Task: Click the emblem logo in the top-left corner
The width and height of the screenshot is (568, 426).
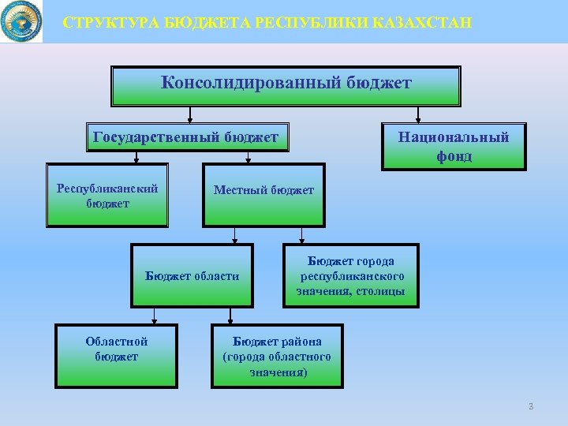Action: pyautogui.click(x=21, y=21)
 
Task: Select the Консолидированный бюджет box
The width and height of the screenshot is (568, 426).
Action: pyautogui.click(x=286, y=86)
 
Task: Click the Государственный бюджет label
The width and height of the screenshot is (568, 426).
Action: pyautogui.click(x=185, y=138)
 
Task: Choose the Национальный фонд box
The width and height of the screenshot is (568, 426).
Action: pyautogui.click(x=454, y=147)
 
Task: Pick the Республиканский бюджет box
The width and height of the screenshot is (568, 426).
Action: pyautogui.click(x=107, y=196)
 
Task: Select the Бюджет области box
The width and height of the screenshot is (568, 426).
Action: pyautogui.click(x=192, y=275)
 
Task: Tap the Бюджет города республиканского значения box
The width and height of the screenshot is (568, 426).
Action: pyautogui.click(x=351, y=275)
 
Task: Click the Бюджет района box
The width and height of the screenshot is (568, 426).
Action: pyautogui.click(x=277, y=356)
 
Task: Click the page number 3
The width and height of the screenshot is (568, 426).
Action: pyautogui.click(x=531, y=406)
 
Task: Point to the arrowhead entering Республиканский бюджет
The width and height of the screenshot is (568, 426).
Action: pyautogui.click(x=136, y=160)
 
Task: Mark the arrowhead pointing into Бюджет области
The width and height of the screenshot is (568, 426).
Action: pyautogui.click(x=234, y=241)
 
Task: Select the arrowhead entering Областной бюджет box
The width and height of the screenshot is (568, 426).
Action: pyautogui.click(x=155, y=321)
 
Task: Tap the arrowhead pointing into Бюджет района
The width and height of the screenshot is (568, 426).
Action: pyautogui.click(x=230, y=321)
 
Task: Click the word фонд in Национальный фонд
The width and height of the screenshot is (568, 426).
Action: pyautogui.click(x=454, y=156)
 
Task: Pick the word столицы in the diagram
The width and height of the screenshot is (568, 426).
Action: pyautogui.click(x=382, y=291)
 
